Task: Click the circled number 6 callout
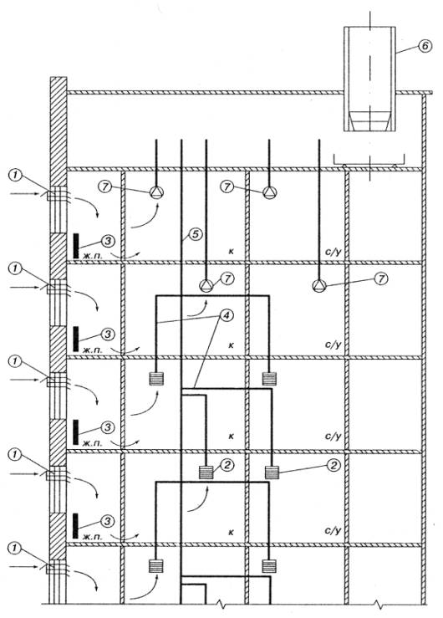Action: [425, 46]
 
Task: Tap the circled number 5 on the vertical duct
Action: [196, 234]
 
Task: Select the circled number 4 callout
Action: [226, 315]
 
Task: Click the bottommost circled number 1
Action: [15, 548]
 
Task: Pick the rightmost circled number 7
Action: [381, 279]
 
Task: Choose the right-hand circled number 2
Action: [334, 466]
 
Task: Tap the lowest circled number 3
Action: [108, 521]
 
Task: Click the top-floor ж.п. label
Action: [92, 256]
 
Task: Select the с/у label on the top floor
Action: [333, 251]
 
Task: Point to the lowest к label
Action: [231, 532]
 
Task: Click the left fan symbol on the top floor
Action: [156, 192]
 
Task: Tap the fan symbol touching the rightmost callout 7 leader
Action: [319, 286]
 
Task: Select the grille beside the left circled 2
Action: [206, 472]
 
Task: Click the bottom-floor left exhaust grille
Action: [156, 566]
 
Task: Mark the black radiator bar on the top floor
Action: [76, 246]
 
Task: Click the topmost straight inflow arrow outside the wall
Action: [24, 194]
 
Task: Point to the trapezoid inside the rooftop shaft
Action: [369, 121]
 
